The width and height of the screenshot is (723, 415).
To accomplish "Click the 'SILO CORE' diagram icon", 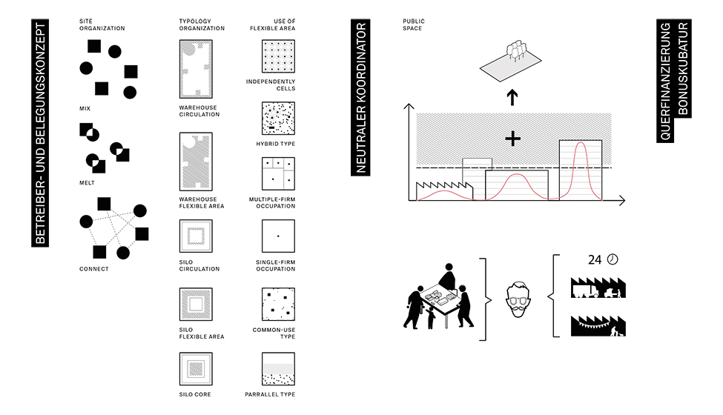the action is coord(196,369).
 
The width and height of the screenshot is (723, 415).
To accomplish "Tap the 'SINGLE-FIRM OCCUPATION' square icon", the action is coord(279,236).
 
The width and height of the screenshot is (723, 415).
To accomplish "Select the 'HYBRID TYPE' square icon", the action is coord(279,119).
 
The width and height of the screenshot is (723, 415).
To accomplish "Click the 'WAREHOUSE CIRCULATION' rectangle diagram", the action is coord(196,69).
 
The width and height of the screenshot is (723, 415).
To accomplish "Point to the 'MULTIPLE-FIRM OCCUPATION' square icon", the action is coord(279,174).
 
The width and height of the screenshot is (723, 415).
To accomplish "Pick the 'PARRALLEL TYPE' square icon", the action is coord(279,369).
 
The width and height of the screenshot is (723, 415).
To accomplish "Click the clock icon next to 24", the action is coord(613,259).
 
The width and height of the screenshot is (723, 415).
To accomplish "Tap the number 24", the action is coord(595,260).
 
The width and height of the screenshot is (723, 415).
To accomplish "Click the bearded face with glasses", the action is coord(518,299).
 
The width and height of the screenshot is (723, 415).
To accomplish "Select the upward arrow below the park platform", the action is coord(512,97).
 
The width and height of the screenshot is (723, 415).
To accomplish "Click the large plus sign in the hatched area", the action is coord(512,139).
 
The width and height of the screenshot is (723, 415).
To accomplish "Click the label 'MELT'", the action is coord(87,183).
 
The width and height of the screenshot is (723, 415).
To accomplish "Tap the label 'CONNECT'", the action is coord(94,269).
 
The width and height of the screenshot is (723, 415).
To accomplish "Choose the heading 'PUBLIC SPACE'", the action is coord(414,25).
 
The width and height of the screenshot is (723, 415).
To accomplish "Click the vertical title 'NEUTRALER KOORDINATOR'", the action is coord(360,97).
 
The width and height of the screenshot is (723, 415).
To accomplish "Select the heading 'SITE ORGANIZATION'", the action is coord(102,25).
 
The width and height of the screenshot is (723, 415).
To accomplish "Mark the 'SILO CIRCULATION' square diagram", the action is coord(196,236).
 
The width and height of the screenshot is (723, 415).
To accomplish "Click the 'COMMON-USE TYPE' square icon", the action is coord(279,304).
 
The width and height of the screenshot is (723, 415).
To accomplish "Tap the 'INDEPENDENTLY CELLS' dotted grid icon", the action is coord(279,56).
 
